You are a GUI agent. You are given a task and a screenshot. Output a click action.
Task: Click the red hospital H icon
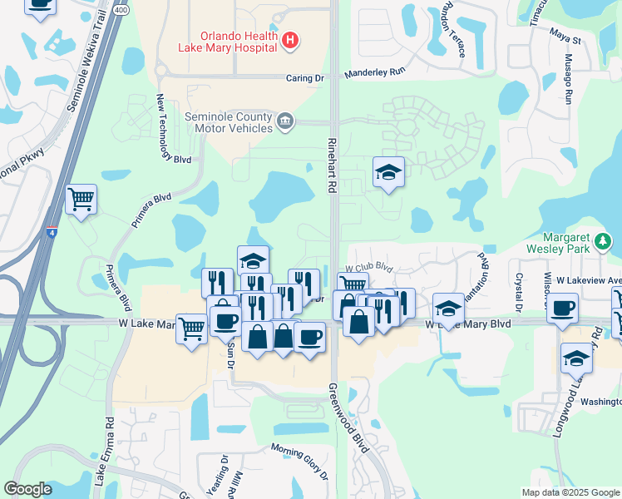coord(289,39)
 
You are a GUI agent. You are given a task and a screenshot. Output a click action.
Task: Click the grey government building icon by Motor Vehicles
coord(284,122)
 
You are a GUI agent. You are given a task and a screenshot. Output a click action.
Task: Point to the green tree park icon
coord(603,243)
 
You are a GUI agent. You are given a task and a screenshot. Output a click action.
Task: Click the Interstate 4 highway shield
coord(52,234)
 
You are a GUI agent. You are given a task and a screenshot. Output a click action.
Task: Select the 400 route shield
coord(122,10)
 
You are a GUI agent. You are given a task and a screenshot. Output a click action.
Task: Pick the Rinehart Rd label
coord(331,166)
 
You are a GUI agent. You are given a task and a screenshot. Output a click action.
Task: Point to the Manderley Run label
coord(374,72)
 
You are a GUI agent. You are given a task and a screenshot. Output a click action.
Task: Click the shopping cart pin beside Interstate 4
coord(81,199)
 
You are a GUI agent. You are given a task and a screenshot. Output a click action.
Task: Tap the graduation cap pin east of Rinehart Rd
coord(388,172)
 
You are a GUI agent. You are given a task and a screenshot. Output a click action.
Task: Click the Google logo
coord(28,489)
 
